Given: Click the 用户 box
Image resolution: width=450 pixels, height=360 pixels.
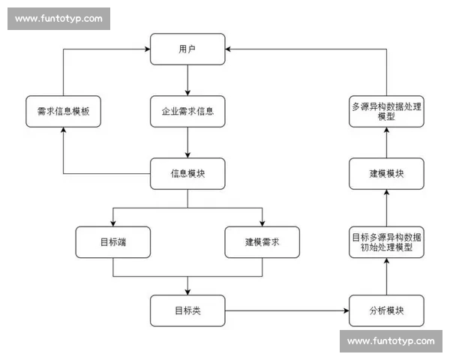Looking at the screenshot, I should (187, 49).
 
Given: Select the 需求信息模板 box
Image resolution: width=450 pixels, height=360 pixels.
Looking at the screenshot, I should (63, 111).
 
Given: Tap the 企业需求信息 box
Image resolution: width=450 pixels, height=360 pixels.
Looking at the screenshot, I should (187, 111).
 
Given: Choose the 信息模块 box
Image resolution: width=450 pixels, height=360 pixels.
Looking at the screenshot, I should (187, 173).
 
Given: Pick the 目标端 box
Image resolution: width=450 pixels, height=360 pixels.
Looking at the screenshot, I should (112, 242).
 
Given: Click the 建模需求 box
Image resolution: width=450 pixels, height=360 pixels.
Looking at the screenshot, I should (262, 242).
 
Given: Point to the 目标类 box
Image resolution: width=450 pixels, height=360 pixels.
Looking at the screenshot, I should (187, 310).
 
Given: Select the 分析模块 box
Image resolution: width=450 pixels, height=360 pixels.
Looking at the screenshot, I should (386, 310).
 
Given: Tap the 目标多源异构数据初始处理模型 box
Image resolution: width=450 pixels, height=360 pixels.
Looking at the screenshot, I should (386, 242).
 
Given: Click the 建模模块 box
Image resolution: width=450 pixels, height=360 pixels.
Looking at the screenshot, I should (386, 173).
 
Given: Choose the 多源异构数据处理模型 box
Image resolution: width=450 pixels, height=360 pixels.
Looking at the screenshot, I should (386, 111).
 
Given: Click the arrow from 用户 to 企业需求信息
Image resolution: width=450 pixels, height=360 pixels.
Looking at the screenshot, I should (187, 79).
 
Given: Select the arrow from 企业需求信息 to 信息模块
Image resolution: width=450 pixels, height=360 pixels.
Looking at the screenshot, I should (187, 142).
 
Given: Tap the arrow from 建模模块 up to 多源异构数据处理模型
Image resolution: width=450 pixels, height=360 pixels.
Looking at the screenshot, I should (386, 142).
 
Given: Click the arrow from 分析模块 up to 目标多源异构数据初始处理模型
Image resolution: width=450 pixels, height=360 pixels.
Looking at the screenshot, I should (386, 276).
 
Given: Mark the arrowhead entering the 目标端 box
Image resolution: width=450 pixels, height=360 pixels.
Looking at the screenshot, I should (112, 223).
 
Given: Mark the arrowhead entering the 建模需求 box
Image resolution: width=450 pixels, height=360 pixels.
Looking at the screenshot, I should (262, 223).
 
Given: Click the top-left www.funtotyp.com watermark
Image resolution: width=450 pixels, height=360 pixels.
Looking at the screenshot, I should (58, 19).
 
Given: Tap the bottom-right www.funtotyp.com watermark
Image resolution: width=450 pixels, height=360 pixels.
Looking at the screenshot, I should (391, 341).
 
